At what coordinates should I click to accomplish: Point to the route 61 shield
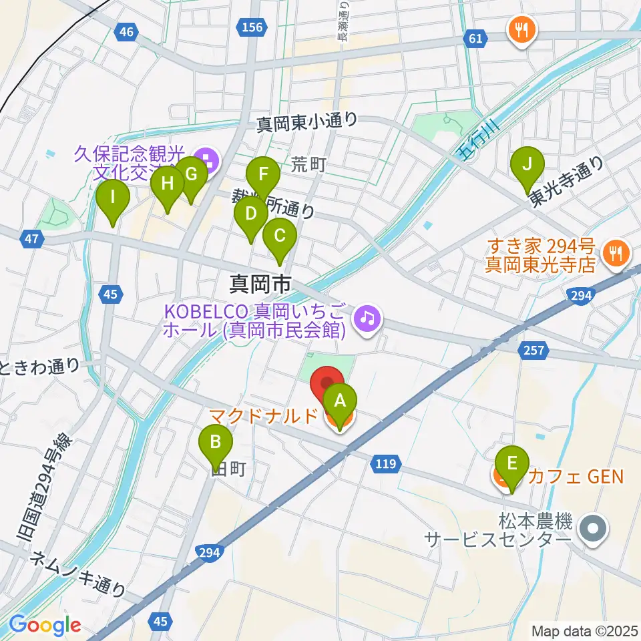click(x=475, y=39)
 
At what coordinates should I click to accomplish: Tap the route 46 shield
click(x=126, y=31)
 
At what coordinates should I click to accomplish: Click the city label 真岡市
click(x=260, y=285)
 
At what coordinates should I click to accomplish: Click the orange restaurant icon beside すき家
click(x=612, y=252)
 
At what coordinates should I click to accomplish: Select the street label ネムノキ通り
click(x=78, y=575)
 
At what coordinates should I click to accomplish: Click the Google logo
click(x=45, y=625)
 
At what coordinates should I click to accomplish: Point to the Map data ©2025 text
click(x=584, y=630)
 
